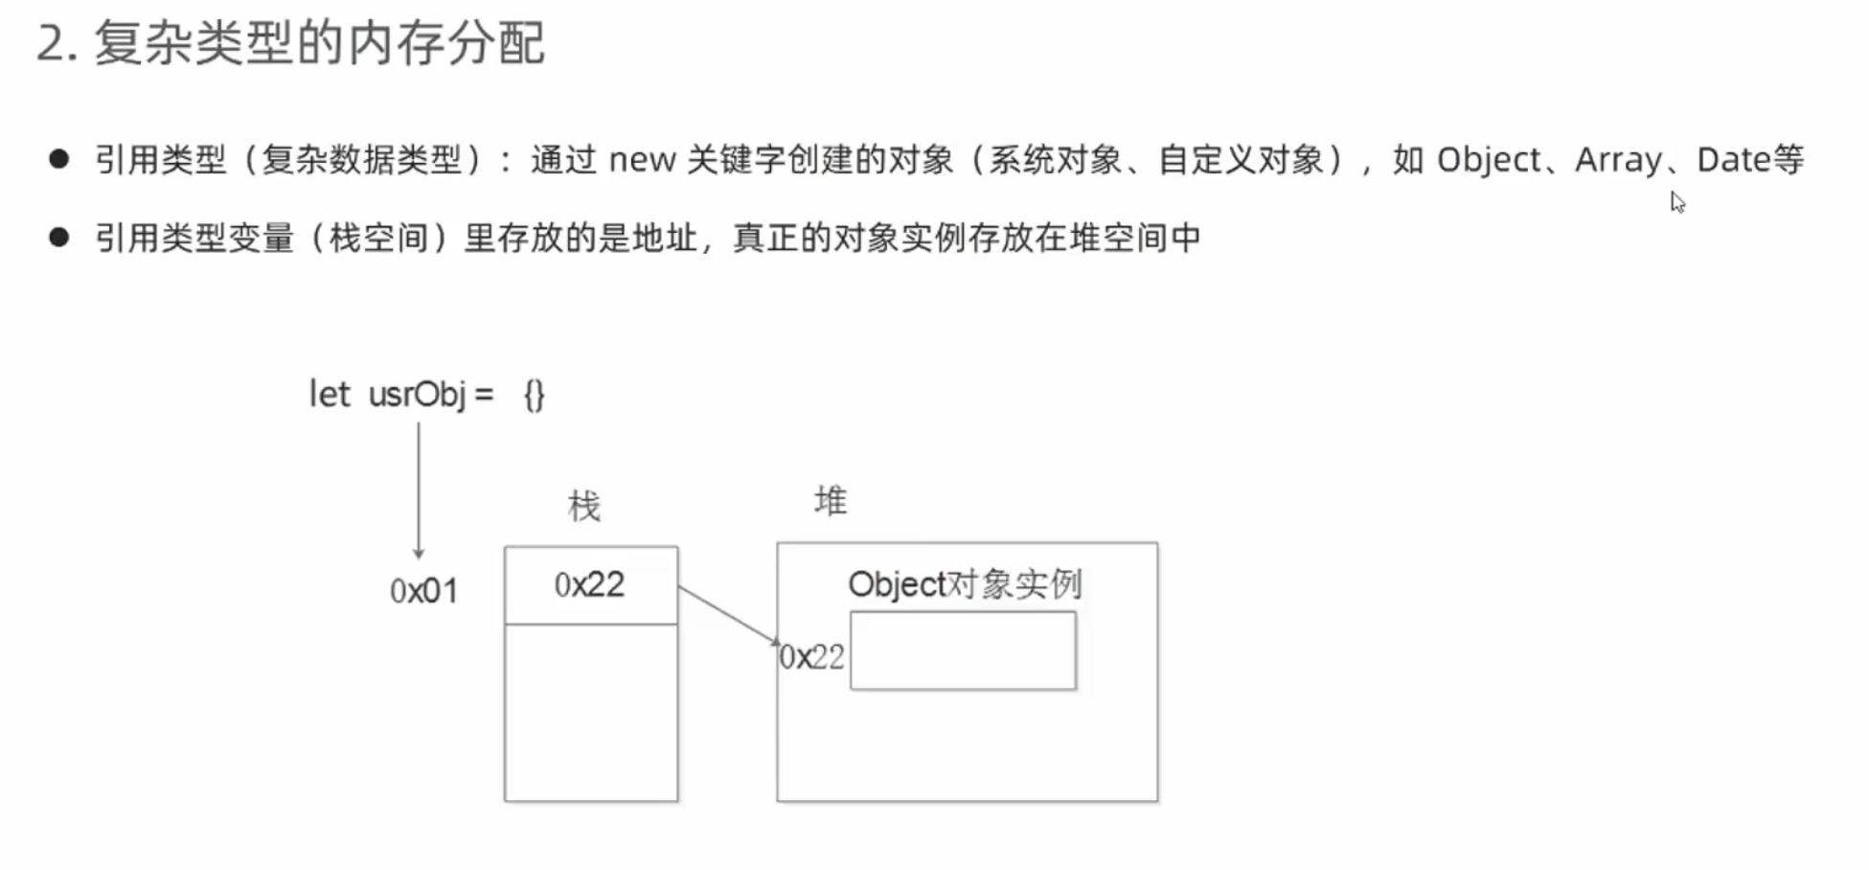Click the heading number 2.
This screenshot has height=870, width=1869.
[x=54, y=44]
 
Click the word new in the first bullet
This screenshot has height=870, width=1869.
[x=642, y=160]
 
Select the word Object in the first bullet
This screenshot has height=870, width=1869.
[x=1489, y=160]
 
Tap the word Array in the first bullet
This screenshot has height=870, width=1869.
[x=1618, y=160]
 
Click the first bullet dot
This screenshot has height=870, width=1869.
[x=59, y=159]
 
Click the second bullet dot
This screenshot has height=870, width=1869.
[x=59, y=237]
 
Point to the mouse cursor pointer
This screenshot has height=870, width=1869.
[x=1677, y=202]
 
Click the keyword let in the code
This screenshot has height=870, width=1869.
[x=329, y=394]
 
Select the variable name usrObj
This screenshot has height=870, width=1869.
[x=417, y=394]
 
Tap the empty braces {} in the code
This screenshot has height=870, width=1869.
[x=534, y=395]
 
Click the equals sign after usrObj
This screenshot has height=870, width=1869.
[x=484, y=394]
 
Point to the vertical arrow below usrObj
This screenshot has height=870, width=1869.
[x=418, y=489]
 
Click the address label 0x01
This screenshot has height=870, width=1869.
[x=423, y=591]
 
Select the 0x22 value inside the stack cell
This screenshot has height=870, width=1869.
[x=589, y=584]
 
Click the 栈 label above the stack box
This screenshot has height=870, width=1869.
[x=583, y=506]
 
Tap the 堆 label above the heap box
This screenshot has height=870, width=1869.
[x=831, y=501]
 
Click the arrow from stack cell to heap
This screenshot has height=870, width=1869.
[x=728, y=615]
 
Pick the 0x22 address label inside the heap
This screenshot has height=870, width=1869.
[x=812, y=657]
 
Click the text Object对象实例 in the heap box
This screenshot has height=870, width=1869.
[x=965, y=584]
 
